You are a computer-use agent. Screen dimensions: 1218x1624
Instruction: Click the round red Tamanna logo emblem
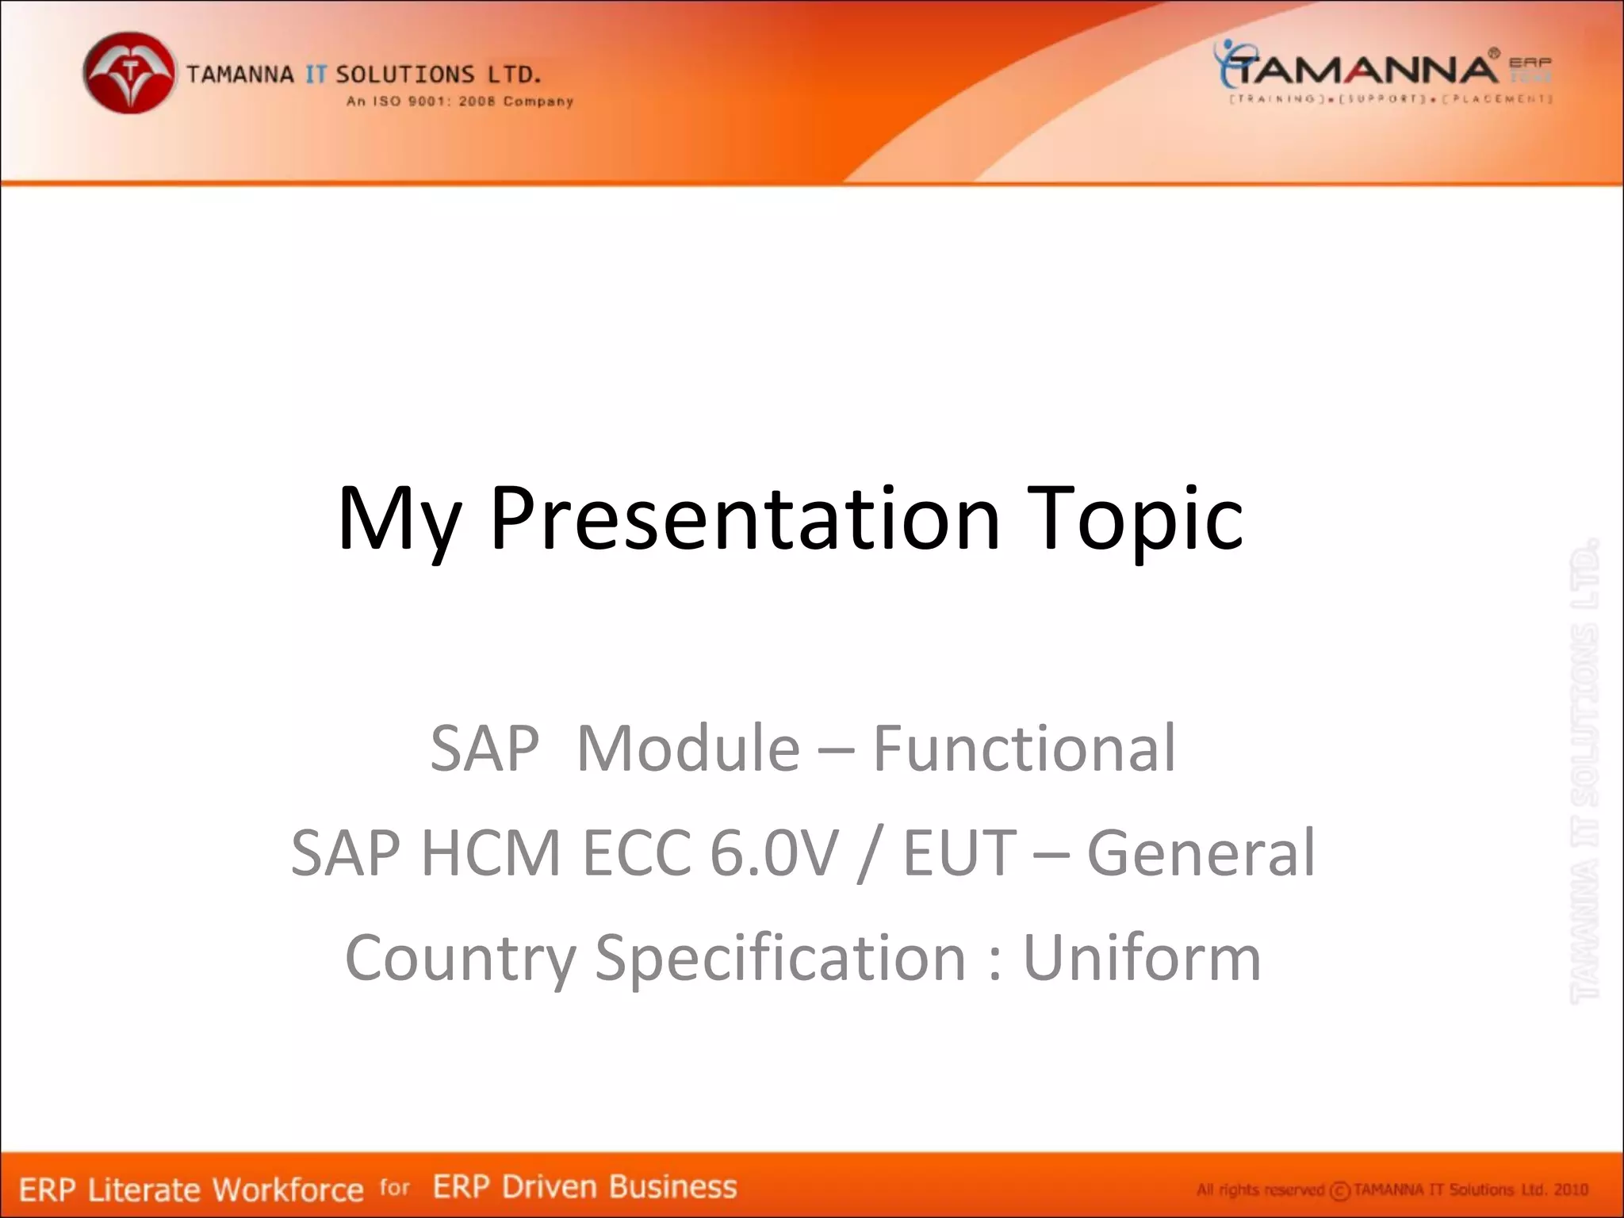pos(129,73)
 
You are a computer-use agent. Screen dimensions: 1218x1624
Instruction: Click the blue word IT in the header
pos(316,75)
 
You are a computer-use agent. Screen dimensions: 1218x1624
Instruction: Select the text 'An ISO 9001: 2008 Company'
pos(459,101)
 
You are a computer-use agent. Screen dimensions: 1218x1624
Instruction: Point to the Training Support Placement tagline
pos(1389,99)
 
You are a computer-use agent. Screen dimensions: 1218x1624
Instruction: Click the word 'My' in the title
pos(398,519)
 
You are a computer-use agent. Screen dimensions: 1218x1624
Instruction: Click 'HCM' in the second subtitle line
pos(491,852)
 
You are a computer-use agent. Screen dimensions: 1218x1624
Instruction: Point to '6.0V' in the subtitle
pos(773,852)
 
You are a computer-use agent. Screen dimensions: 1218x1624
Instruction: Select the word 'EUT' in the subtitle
pos(959,852)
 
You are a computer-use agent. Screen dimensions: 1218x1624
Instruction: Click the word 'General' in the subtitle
pos(1201,852)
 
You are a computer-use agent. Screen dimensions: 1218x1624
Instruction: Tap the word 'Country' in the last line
pos(460,957)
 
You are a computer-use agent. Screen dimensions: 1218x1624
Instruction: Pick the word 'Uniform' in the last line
pos(1142,957)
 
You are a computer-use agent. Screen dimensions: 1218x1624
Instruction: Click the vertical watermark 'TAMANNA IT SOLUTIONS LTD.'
pos(1584,769)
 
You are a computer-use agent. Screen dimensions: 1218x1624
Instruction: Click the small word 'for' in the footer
pos(394,1187)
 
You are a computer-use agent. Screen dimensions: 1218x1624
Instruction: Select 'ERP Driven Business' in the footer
pos(584,1187)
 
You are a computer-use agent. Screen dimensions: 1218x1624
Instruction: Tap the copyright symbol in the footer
pos(1339,1191)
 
